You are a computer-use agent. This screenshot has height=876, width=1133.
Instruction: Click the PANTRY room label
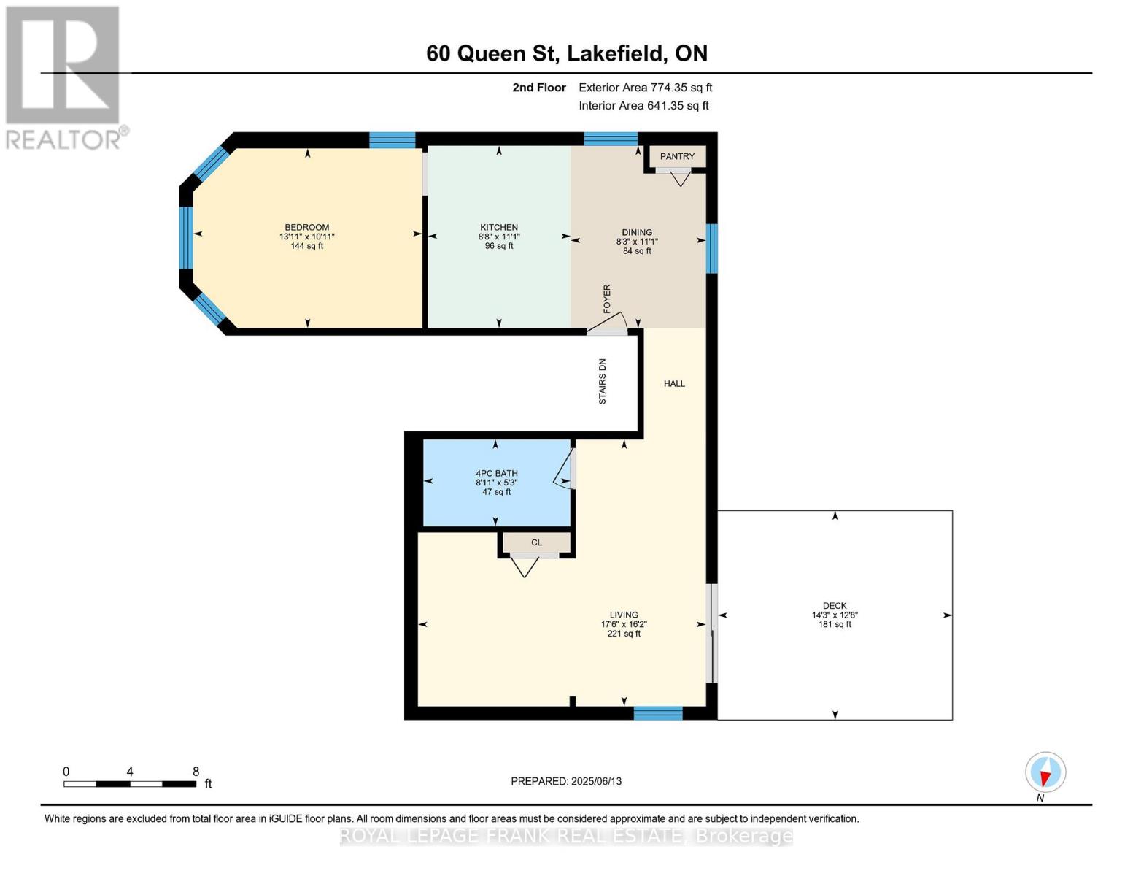(677, 156)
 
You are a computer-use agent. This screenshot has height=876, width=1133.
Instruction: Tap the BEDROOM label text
(306, 227)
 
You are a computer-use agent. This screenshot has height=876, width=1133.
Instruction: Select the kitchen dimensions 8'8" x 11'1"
(499, 237)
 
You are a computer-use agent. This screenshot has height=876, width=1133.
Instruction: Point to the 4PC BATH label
(496, 473)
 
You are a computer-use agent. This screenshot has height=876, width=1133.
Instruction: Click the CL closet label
(536, 542)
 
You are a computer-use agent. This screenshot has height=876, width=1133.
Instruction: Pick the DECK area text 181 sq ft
(835, 624)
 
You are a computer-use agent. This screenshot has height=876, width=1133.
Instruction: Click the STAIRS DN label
(603, 381)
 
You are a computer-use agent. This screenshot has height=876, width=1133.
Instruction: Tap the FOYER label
(607, 299)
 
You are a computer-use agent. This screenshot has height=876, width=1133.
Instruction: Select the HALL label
(674, 383)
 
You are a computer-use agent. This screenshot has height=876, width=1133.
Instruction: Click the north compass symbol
(1045, 772)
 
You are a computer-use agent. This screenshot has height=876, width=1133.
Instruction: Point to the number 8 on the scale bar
(196, 772)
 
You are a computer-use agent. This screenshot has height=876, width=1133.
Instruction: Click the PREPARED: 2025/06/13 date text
(566, 781)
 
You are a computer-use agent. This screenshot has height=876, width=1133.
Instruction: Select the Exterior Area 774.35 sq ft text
(645, 88)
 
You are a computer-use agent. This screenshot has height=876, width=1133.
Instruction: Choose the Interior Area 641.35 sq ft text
(643, 106)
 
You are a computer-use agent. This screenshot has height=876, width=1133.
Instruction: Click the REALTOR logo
(64, 77)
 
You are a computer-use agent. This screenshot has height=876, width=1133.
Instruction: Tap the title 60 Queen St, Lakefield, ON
(567, 53)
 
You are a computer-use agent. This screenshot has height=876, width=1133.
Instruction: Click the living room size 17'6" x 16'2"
(624, 624)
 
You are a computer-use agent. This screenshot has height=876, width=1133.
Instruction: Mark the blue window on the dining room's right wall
(711, 248)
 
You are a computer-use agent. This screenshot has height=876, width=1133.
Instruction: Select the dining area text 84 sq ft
(637, 251)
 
